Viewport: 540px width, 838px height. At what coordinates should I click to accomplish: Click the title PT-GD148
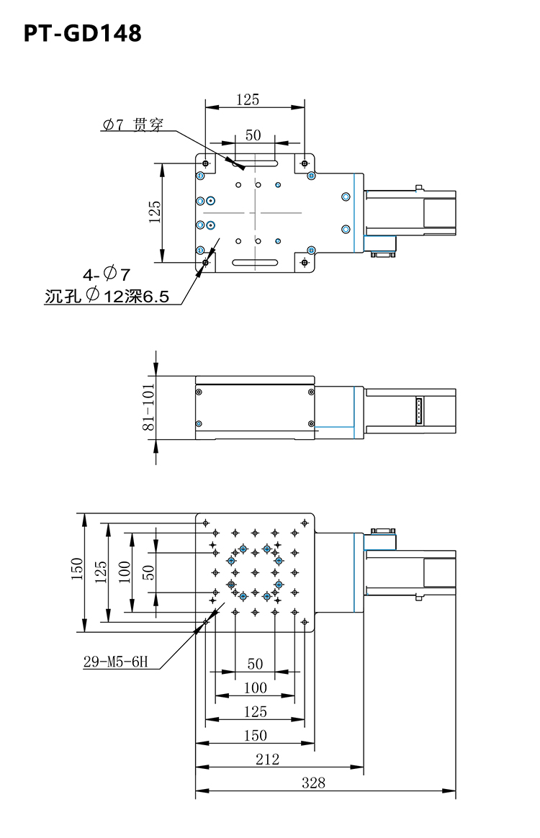pyautogui.click(x=82, y=33)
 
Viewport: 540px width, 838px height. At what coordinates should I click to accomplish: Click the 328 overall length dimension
pyautogui.click(x=313, y=783)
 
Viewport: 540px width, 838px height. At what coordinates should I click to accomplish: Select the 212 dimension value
pyautogui.click(x=267, y=759)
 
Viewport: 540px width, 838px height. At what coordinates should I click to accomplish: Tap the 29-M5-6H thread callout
pyautogui.click(x=115, y=662)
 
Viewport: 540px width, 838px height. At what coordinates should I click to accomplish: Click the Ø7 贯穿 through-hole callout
pyautogui.click(x=133, y=125)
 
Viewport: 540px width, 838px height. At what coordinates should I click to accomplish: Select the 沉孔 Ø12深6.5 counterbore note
pyautogui.click(x=107, y=296)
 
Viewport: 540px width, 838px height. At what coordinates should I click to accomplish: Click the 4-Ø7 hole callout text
pyautogui.click(x=107, y=274)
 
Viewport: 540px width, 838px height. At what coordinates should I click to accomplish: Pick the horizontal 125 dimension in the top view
pyautogui.click(x=248, y=99)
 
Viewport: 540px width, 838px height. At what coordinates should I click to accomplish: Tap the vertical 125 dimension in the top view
pyautogui.click(x=155, y=212)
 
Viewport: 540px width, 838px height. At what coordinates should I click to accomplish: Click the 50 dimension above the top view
pyautogui.click(x=253, y=135)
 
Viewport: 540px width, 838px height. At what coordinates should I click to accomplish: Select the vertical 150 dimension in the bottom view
pyautogui.click(x=77, y=569)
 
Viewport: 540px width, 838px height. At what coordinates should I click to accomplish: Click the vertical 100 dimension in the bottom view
pyautogui.click(x=124, y=572)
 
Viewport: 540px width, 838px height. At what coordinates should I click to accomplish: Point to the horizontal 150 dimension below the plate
pyautogui.click(x=255, y=735)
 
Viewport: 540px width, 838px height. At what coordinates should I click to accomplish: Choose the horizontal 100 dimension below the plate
pyautogui.click(x=255, y=688)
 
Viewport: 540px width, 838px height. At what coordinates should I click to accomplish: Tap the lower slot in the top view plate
pyautogui.click(x=255, y=262)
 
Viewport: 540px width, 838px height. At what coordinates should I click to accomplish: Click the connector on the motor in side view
pyautogui.click(x=419, y=411)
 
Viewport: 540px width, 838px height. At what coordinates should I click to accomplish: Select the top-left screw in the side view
pyautogui.click(x=199, y=392)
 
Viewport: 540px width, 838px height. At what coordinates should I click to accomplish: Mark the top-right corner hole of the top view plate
pyautogui.click(x=305, y=163)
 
